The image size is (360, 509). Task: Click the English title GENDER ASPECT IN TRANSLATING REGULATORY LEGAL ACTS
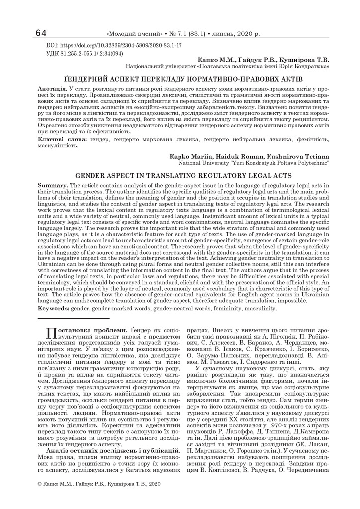[180, 176]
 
